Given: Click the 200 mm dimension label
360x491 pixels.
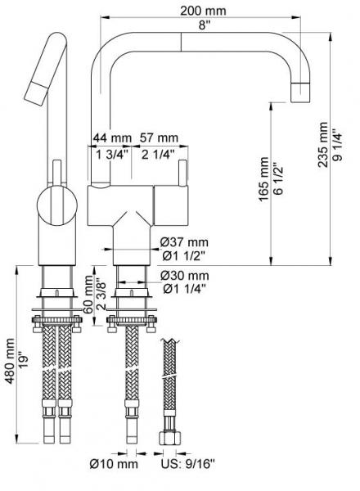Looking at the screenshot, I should [202, 11].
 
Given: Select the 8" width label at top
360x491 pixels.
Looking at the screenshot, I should [202, 25].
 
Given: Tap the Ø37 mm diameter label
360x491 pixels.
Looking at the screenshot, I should [186, 241].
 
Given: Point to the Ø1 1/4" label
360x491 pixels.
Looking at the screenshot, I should [184, 288].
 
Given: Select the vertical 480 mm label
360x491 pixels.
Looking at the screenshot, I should [11, 358].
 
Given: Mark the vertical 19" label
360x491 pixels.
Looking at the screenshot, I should [25, 358].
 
